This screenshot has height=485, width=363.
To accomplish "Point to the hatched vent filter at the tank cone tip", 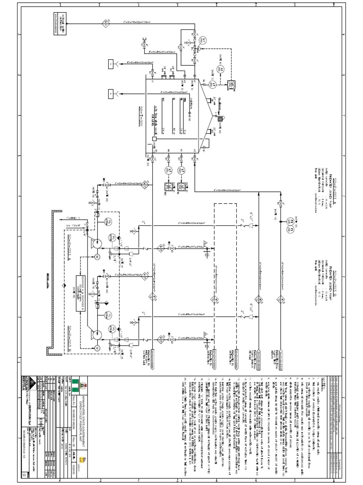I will coord(220,117).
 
